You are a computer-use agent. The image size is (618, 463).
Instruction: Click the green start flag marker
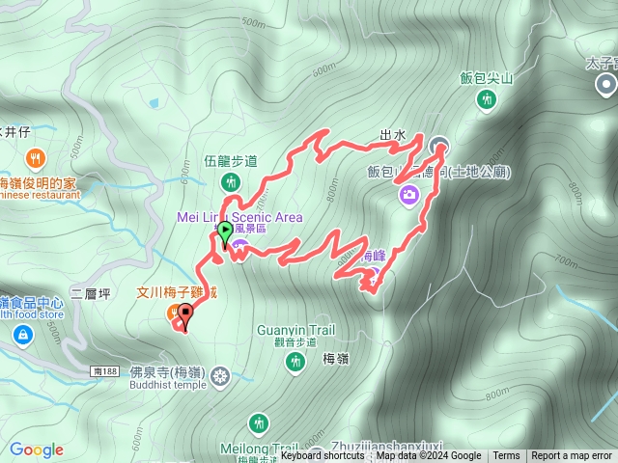225,232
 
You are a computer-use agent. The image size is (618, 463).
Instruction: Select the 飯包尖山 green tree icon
489,98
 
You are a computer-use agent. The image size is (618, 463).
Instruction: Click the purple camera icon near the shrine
409,196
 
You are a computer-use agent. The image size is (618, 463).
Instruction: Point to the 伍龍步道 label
230,161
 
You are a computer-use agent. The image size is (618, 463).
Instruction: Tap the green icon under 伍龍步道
230,181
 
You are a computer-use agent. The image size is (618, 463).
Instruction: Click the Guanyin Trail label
296,330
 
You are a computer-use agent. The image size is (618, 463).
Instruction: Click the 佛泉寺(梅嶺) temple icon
220,374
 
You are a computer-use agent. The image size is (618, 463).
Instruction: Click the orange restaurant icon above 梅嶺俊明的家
35,157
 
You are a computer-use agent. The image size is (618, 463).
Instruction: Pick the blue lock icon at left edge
20,335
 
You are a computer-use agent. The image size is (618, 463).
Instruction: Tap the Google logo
36,449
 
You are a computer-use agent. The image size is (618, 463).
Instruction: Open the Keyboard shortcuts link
323,456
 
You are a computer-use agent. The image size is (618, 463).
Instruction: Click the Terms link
506,456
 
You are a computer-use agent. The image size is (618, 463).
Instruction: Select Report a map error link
572,456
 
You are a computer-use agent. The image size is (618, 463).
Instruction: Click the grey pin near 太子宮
605,86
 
